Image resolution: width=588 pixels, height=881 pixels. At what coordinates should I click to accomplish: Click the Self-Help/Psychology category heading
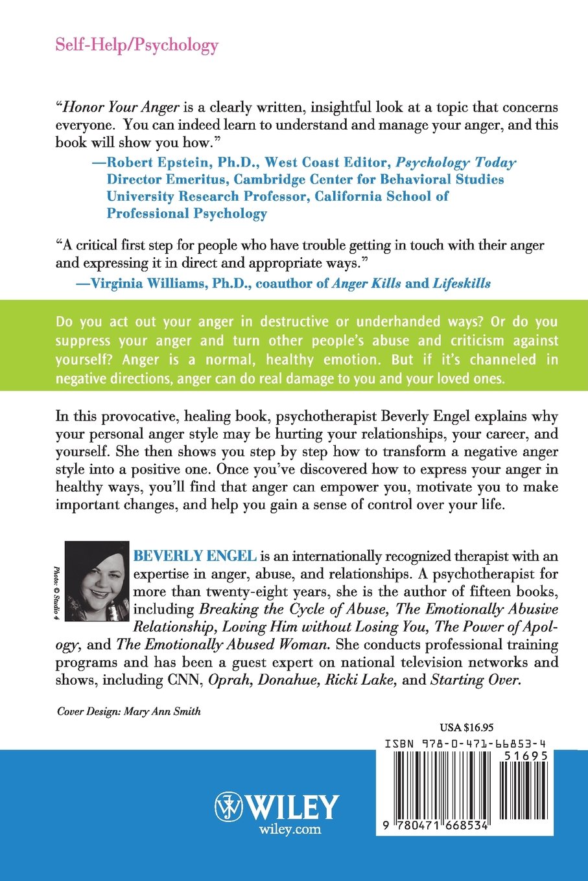[137, 45]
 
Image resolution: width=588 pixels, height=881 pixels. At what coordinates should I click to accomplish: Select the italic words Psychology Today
[456, 163]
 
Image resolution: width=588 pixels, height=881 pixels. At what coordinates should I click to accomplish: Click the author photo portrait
[98, 581]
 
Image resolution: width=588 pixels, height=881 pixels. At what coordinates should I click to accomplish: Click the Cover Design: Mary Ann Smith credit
[129, 711]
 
